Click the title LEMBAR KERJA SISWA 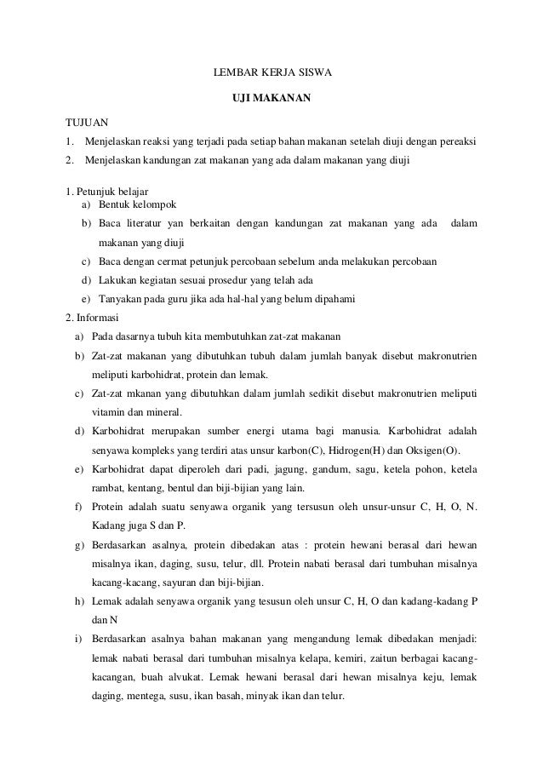coord(271,73)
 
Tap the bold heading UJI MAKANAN coord(271,100)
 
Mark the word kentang coord(148,488)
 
